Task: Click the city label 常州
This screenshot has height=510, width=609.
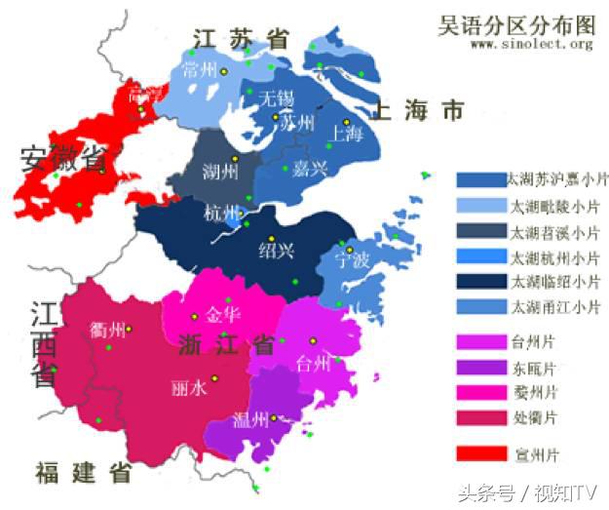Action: point(201,71)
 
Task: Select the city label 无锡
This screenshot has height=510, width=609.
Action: point(275,98)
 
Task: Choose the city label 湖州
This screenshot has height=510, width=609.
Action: point(218,174)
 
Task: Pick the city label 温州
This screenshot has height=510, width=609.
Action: point(251,419)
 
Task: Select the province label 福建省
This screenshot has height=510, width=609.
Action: point(84,474)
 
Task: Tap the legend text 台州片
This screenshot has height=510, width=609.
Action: point(535,342)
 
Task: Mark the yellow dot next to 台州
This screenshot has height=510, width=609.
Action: point(314,340)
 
